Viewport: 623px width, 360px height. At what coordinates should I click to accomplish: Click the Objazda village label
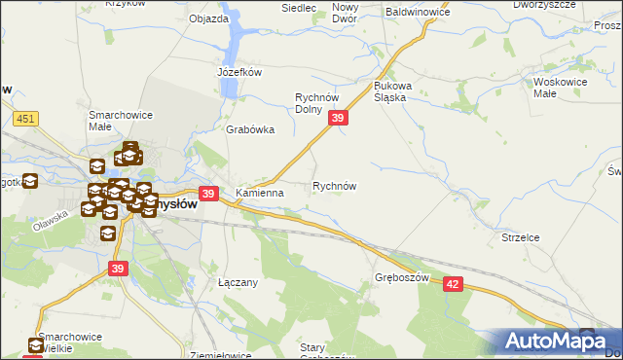tap(208, 18)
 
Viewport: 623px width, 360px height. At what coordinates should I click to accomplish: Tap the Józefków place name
tap(239, 72)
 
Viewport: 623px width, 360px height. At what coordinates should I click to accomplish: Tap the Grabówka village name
tap(250, 129)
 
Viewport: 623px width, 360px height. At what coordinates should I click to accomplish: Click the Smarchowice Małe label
tap(114, 120)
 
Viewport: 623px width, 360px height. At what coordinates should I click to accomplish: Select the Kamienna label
tap(259, 193)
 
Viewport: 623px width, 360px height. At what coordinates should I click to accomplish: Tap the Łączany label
tap(237, 282)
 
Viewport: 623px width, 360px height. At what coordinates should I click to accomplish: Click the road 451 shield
tap(25, 119)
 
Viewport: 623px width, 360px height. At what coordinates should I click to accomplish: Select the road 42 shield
tap(454, 282)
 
